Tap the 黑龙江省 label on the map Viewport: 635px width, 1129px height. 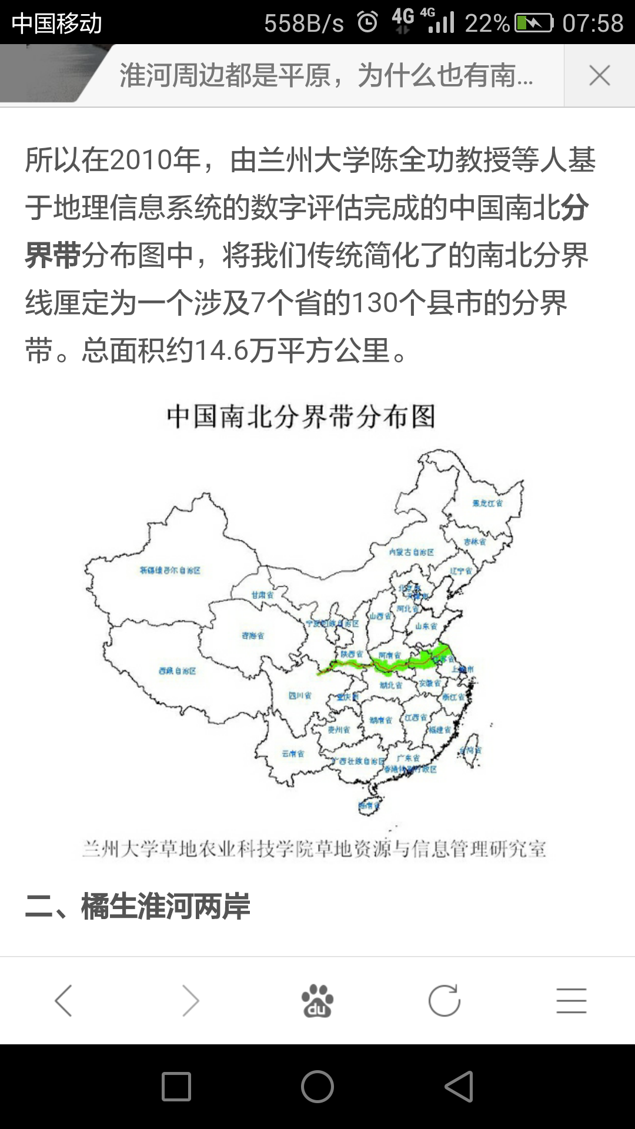point(487,503)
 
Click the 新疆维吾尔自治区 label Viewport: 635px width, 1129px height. point(170,570)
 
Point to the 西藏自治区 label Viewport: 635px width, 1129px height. point(177,671)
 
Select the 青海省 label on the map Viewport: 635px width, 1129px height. point(253,636)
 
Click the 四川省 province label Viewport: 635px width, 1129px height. point(300,696)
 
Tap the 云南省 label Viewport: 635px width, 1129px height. point(293,754)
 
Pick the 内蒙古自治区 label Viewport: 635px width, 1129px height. point(412,552)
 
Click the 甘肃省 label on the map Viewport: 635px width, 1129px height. point(262,595)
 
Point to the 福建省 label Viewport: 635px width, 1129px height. point(440,730)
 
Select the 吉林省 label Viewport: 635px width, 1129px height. point(475,542)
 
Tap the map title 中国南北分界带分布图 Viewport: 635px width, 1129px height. point(300,417)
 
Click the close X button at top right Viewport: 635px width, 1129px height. point(599,76)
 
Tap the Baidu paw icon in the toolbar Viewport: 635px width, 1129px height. point(317,1001)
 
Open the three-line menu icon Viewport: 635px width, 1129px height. point(571,1001)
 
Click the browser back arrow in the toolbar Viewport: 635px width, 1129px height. point(63,1001)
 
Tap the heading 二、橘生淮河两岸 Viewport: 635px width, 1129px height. point(138,906)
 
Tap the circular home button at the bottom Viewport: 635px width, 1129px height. point(317,1086)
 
